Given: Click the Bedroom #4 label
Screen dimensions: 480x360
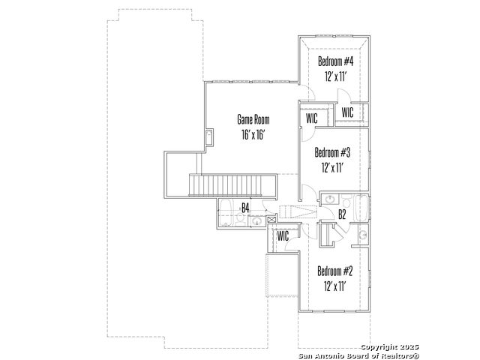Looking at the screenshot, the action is pyautogui.click(x=335, y=61).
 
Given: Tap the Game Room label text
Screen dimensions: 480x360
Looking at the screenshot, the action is pyautogui.click(x=253, y=119).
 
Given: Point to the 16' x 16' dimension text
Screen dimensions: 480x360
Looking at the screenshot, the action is pyautogui.click(x=253, y=134).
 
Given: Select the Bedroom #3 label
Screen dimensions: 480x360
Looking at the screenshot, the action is pyautogui.click(x=332, y=152).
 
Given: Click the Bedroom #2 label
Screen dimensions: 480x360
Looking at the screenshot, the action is pyautogui.click(x=335, y=271).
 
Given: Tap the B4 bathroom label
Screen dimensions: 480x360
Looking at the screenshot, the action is pyautogui.click(x=245, y=208).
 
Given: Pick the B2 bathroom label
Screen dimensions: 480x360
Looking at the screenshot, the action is pyautogui.click(x=342, y=214).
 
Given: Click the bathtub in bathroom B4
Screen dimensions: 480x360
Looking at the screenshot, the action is pyautogui.click(x=226, y=213).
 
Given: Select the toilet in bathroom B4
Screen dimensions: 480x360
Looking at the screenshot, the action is pyautogui.click(x=240, y=219).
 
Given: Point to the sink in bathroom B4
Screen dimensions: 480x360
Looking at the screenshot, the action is pyautogui.click(x=256, y=220).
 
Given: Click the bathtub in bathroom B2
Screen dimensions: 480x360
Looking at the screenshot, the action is pyautogui.click(x=361, y=207).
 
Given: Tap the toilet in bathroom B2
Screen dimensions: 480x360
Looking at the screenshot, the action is pyautogui.click(x=346, y=202).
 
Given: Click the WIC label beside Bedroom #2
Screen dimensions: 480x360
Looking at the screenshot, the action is pyautogui.click(x=283, y=236).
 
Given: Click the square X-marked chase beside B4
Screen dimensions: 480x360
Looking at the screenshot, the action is pyautogui.click(x=271, y=219).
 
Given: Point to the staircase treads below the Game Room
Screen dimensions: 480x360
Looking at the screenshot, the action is pyautogui.click(x=232, y=184).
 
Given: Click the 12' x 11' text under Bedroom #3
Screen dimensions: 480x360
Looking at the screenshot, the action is pyautogui.click(x=332, y=167).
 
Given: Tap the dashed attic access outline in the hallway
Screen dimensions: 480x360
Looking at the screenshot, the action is pyautogui.click(x=298, y=211).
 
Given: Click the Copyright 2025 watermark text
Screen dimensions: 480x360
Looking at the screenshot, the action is pyautogui.click(x=389, y=346).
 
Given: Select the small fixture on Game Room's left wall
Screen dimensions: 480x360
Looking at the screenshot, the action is pyautogui.click(x=209, y=136).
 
